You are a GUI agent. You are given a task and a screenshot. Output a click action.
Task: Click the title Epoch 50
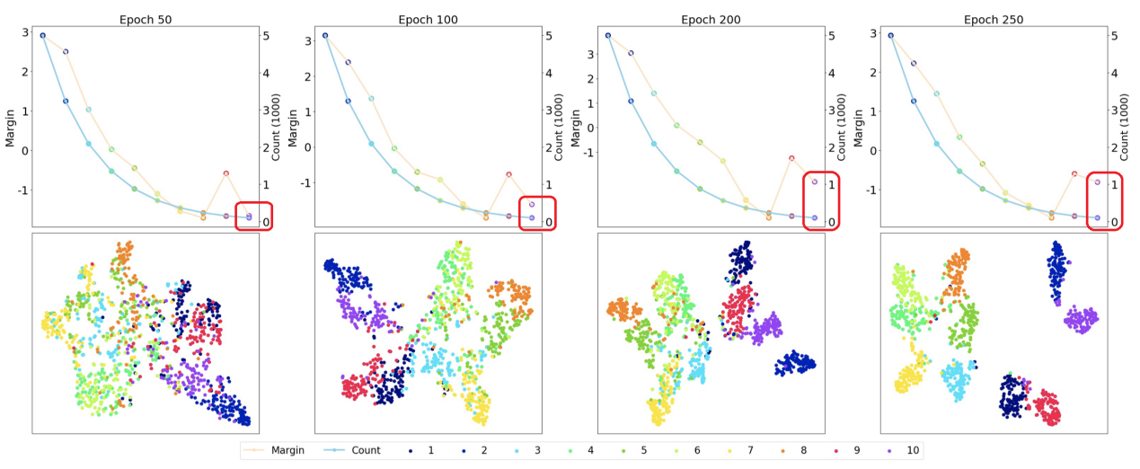pos(146,19)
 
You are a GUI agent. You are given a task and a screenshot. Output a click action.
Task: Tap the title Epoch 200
pos(711,19)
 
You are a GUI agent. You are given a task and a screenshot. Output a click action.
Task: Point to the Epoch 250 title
pos(994,19)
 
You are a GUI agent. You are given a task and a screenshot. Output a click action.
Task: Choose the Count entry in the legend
pos(365,450)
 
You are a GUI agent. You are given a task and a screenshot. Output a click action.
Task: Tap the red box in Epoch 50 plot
pos(254,217)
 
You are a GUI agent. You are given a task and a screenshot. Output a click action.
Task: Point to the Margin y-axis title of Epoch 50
pos(11,125)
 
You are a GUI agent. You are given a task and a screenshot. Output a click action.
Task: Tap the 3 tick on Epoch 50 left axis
pos(24,32)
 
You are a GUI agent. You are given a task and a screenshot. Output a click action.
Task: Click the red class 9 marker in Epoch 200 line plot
pos(791,158)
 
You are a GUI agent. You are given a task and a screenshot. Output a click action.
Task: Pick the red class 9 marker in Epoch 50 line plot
pos(225,173)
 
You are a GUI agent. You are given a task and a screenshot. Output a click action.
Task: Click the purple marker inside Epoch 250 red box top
pos(1097,182)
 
